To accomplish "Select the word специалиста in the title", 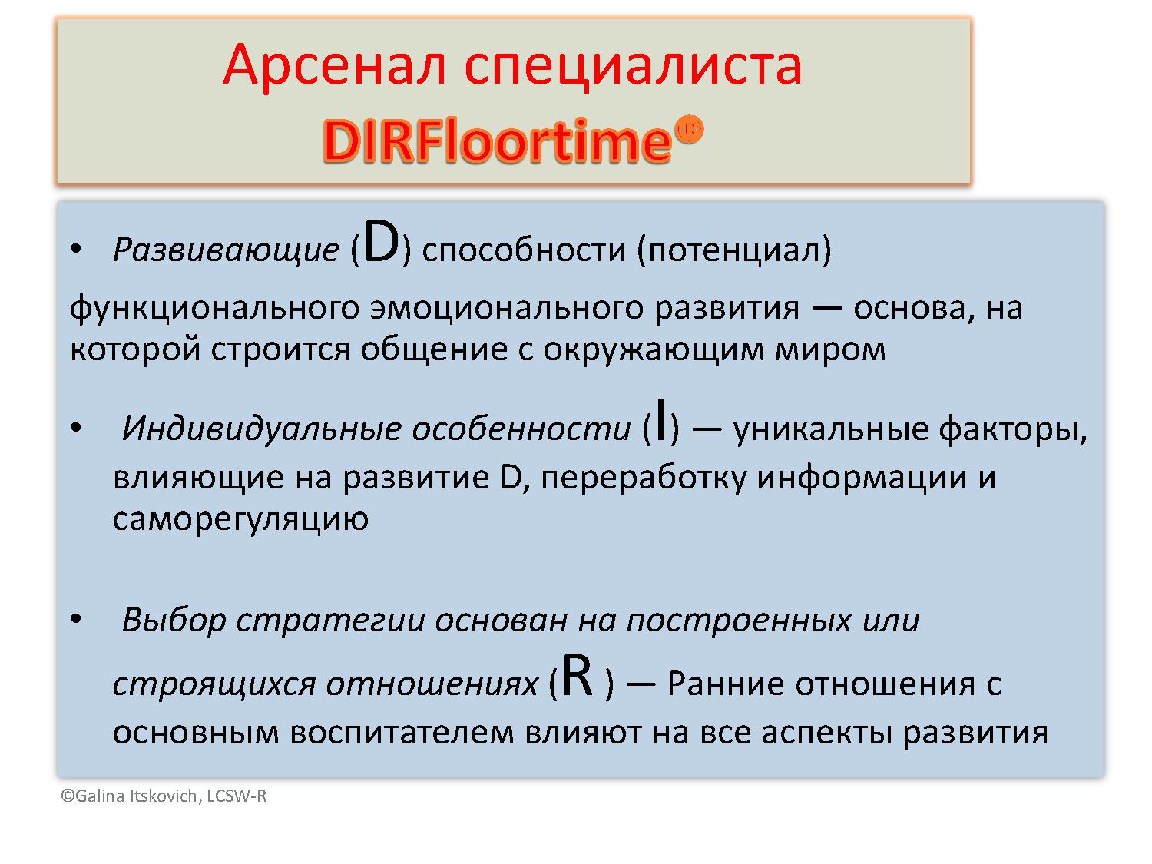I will coord(633,65).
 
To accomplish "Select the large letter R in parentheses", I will coord(578,677).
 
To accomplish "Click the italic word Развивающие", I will coord(225,250).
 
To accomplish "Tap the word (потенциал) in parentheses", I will coord(733,250).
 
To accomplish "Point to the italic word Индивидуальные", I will coord(262,429).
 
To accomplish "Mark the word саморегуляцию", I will coord(240,519).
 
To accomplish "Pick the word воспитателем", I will coord(402,733).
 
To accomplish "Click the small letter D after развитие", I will coord(511,478).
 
